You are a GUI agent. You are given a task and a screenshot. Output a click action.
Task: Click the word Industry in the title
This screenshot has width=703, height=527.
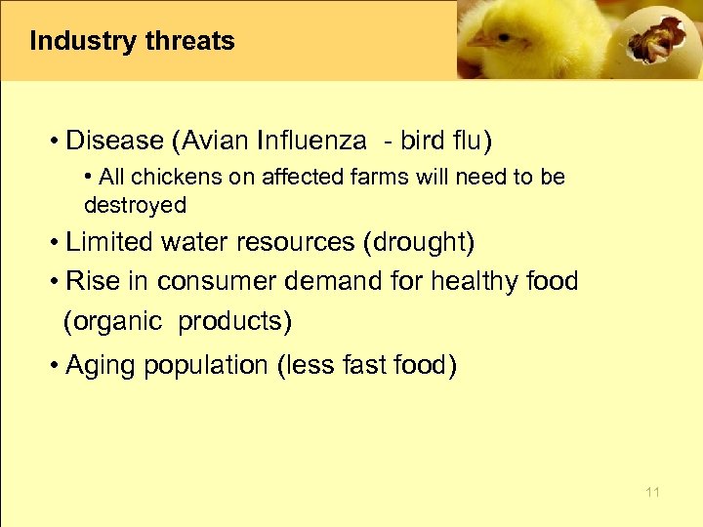[x=82, y=42]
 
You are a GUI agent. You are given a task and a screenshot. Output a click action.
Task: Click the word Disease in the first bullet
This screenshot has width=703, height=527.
[x=114, y=142]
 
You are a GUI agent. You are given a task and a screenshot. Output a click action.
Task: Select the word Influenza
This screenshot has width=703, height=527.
[x=311, y=142]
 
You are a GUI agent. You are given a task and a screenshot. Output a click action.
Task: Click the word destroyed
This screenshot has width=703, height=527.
[x=135, y=205]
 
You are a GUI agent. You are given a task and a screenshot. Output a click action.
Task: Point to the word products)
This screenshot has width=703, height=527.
[x=235, y=321]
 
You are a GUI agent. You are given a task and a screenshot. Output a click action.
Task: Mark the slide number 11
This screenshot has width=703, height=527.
[x=652, y=493]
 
